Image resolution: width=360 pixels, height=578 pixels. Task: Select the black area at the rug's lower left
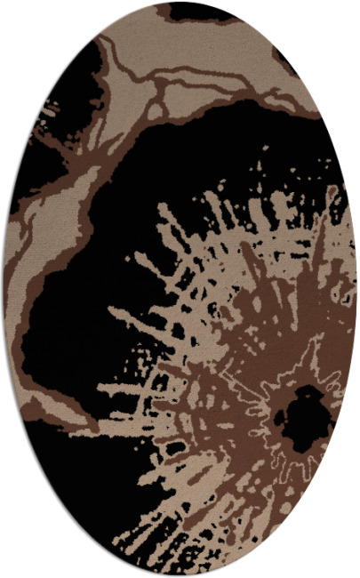(71, 471)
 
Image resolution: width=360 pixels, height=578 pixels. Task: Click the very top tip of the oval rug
(180, 3)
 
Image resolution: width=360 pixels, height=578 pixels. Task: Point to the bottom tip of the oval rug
(180, 575)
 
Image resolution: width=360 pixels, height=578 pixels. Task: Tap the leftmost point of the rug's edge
(4, 289)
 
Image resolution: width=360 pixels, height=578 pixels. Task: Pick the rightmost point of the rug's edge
(356, 289)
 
